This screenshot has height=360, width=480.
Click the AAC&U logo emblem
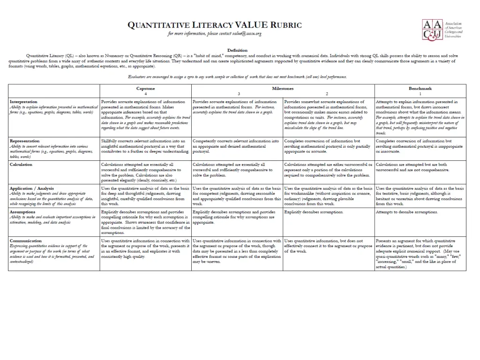(x=432, y=29)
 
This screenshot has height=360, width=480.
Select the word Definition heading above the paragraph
(x=237, y=50)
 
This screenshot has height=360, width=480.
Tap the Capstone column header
(x=145, y=88)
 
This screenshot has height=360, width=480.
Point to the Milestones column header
(x=283, y=88)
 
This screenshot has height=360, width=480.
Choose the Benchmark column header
(x=420, y=88)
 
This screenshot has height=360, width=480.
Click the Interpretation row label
(x=24, y=102)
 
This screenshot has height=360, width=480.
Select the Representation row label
(x=24, y=141)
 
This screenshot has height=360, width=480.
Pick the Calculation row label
(x=21, y=165)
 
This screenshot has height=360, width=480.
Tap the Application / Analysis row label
(x=32, y=188)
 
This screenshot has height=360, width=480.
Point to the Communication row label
(x=25, y=241)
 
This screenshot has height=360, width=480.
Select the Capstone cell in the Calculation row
(x=145, y=172)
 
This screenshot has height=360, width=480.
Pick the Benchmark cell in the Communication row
(x=420, y=254)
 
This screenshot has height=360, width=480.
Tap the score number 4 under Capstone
(x=145, y=94)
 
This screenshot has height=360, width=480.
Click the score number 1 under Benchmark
(x=420, y=94)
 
